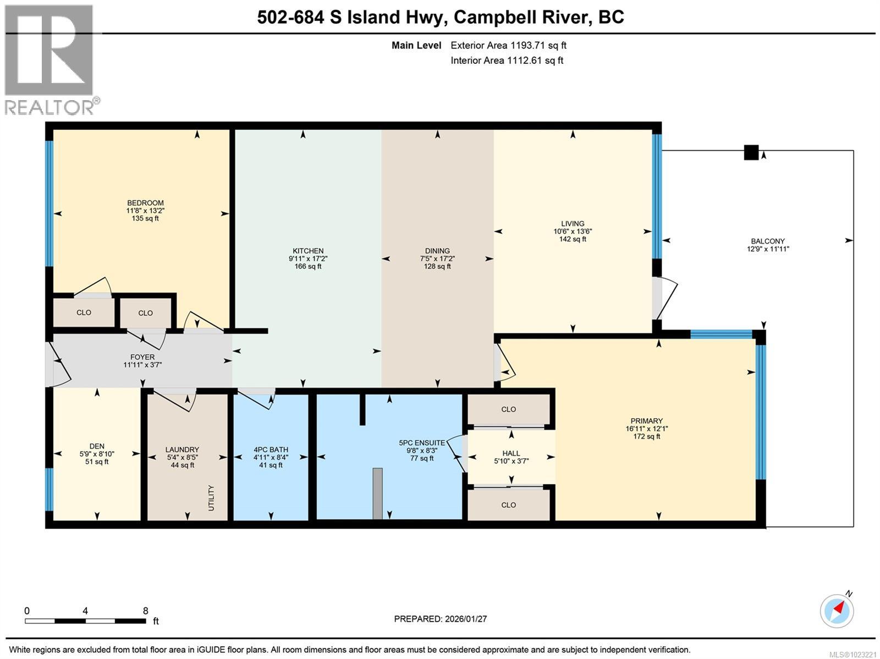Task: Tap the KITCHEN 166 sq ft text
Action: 308,266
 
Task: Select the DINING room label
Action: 437,251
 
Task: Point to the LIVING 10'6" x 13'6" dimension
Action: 573,232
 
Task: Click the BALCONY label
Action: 768,241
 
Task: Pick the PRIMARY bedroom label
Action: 646,421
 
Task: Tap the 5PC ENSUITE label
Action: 422,442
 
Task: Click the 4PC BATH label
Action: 271,449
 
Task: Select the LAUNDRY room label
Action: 182,449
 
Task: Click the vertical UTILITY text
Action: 211,498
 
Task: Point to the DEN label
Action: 97,446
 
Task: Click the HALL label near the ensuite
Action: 511,453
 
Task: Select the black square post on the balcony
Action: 751,152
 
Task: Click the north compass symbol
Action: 837,611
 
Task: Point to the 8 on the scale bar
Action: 145,611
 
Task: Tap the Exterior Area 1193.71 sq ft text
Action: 508,46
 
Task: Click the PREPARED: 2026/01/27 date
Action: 440,619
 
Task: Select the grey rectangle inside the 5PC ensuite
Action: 377,493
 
